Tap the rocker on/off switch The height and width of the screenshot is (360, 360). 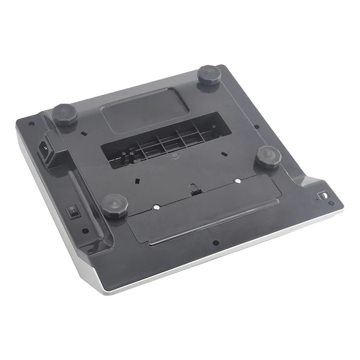72,211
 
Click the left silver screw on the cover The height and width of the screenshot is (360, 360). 156,207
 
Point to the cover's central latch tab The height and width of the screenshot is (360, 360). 194,191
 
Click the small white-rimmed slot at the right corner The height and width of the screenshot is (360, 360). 324,196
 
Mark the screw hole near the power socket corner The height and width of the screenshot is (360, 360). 31,124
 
